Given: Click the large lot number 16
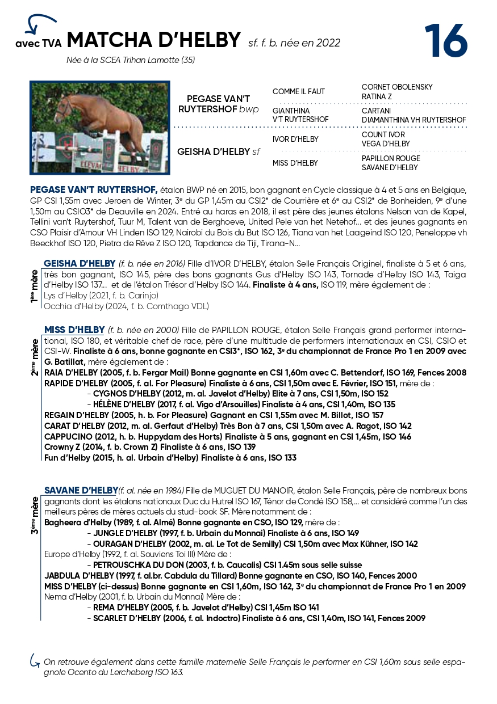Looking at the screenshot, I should [x=446, y=41].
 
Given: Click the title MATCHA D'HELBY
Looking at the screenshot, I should [x=153, y=40].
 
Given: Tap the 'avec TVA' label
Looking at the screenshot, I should [x=38, y=44].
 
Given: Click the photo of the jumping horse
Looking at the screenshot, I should [x=100, y=127].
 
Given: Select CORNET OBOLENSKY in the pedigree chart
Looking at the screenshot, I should [x=396, y=87].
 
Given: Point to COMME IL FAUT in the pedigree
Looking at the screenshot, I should [x=299, y=92].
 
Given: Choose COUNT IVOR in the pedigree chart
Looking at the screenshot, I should [x=383, y=134].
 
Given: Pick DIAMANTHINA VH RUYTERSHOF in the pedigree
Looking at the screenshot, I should [x=414, y=120].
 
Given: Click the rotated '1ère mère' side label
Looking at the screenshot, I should [x=35, y=286].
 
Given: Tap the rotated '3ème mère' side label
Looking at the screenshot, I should [x=35, y=515].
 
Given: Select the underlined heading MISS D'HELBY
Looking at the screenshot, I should [x=74, y=330].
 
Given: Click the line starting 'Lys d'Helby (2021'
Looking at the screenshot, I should [x=101, y=296].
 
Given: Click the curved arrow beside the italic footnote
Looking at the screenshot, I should [x=35, y=661].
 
